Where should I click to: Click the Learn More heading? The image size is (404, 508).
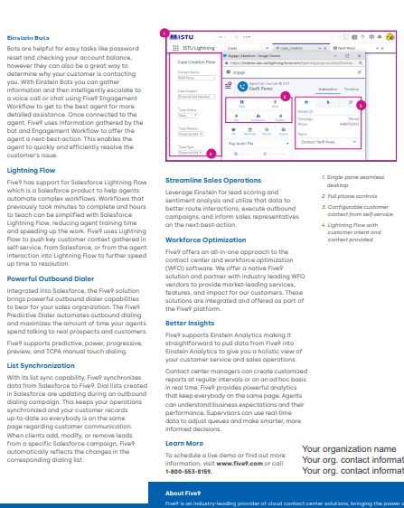pos(184,418)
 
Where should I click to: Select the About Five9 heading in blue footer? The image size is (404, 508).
pos(183,493)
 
